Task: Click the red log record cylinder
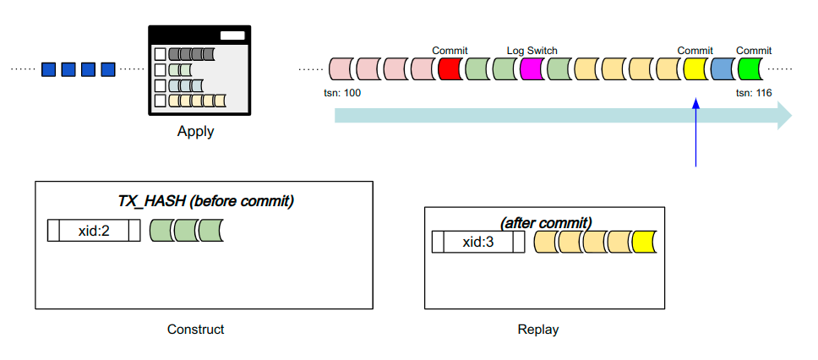[450, 68]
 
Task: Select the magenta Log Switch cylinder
[532, 68]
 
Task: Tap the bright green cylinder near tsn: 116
[750, 68]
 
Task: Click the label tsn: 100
[342, 92]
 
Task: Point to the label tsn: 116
[754, 92]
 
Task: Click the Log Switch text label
[532, 51]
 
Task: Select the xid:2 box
[94, 230]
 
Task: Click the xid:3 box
[479, 242]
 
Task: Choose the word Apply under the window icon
[195, 131]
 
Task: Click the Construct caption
[196, 330]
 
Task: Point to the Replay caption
[537, 330]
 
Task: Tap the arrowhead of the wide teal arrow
[783, 115]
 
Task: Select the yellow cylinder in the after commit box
[644, 242]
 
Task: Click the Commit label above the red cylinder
[450, 51]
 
